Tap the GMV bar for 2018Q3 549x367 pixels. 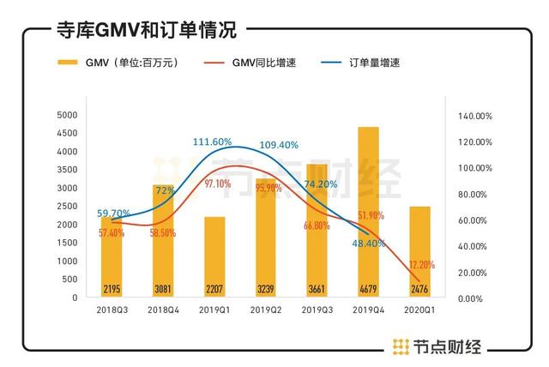[x=112, y=256]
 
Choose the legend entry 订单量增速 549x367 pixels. [x=374, y=63]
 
